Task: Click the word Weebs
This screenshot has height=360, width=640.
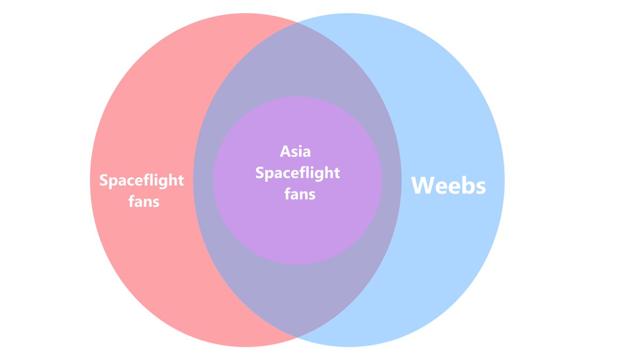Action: pyautogui.click(x=449, y=186)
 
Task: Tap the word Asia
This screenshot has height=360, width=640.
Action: pyautogui.click(x=295, y=151)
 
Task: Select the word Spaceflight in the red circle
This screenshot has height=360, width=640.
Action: pyautogui.click(x=142, y=180)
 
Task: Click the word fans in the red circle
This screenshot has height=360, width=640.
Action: pyautogui.click(x=144, y=202)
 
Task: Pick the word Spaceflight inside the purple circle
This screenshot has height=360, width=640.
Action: pyautogui.click(x=297, y=173)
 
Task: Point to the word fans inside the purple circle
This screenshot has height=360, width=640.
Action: pyautogui.click(x=300, y=194)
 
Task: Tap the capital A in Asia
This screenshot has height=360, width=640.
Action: pyautogui.click(x=285, y=151)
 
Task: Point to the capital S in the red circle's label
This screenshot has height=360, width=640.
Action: pyautogui.click(x=103, y=180)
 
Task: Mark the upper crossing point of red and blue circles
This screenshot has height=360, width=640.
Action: pyautogui.click(x=297, y=22)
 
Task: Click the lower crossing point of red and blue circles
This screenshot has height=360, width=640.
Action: pyautogui.click(x=297, y=337)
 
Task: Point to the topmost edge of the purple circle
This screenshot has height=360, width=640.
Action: pyautogui.click(x=298, y=97)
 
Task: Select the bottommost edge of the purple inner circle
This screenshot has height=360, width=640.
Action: pyautogui.click(x=298, y=264)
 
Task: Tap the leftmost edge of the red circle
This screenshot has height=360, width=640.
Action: pyautogui.click(x=90, y=180)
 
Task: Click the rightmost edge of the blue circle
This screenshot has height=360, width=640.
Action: pyautogui.click(x=504, y=180)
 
